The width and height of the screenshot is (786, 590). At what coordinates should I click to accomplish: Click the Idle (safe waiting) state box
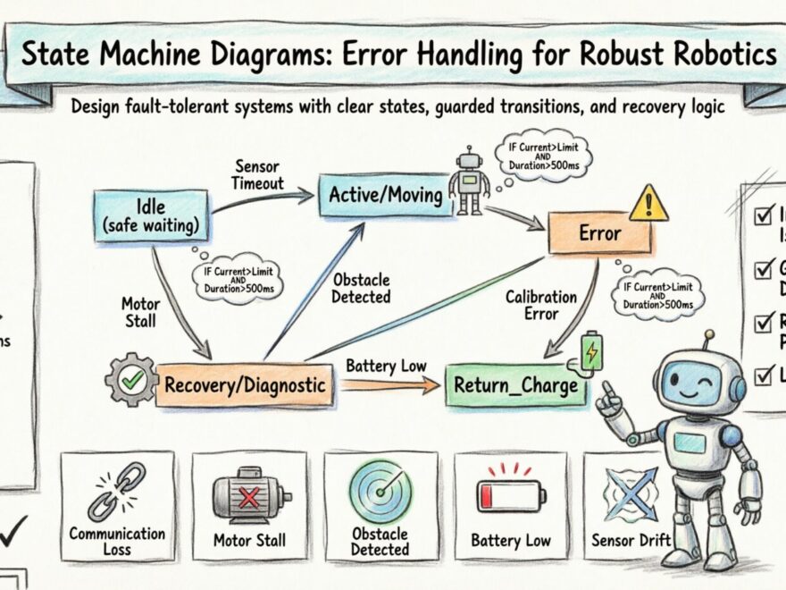click(152, 215)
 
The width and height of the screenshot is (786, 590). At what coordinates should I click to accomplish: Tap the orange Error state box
click(599, 233)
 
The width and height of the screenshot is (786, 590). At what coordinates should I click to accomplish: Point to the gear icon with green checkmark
click(131, 380)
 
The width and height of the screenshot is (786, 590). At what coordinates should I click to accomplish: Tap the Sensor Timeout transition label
click(259, 175)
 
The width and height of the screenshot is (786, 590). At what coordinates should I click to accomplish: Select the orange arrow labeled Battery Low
click(389, 385)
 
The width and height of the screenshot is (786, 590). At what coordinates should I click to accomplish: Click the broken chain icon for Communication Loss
click(117, 492)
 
